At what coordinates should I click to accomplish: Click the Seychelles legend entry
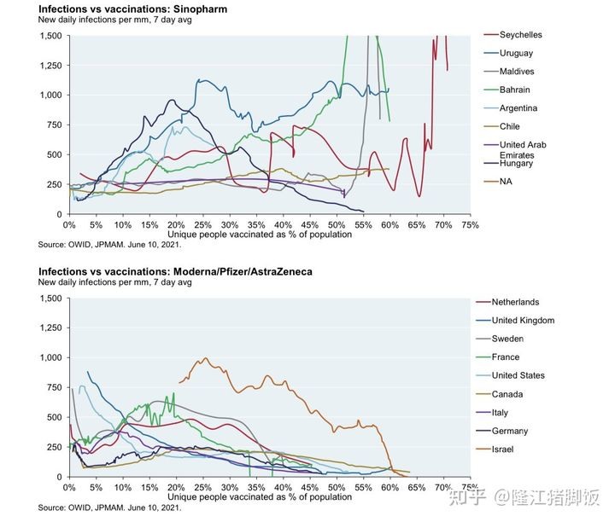(521, 35)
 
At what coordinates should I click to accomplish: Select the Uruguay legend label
(517, 54)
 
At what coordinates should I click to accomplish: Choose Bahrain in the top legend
(516, 90)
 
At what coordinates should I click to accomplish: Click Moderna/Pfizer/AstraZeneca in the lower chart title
(243, 271)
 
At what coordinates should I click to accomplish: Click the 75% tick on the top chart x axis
(469, 225)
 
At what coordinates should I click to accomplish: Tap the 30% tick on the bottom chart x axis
(229, 488)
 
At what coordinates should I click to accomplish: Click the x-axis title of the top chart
(248, 235)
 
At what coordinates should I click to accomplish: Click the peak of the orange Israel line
(206, 358)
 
